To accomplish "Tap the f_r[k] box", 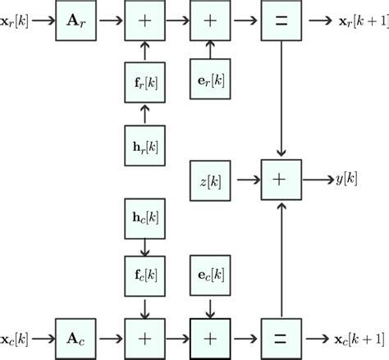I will coord(144,80).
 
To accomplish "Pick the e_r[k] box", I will coord(212,80).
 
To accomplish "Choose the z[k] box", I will coord(212,178).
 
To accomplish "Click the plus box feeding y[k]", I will coord(282,178).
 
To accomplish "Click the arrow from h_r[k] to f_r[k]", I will coord(144,113).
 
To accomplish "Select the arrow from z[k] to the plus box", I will coord(247,178).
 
